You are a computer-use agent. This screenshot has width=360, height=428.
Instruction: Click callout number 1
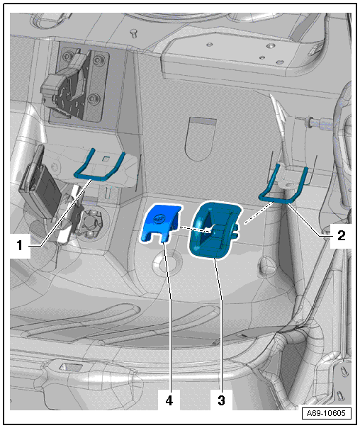tap(20, 245)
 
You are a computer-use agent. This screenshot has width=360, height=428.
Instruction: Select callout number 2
tap(341, 235)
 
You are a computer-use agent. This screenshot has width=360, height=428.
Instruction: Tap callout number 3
tap(221, 400)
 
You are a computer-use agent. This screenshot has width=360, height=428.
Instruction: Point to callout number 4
tap(169, 400)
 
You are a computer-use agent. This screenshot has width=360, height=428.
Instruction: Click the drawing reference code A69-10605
tap(326, 413)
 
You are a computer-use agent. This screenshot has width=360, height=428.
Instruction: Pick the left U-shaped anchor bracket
tap(100, 166)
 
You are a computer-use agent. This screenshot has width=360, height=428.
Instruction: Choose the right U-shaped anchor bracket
tap(284, 185)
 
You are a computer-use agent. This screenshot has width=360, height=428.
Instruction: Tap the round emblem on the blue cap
tap(159, 218)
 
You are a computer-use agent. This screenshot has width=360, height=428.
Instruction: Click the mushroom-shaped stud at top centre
tap(134, 33)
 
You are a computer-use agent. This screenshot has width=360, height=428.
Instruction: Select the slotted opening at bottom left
tap(70, 367)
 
